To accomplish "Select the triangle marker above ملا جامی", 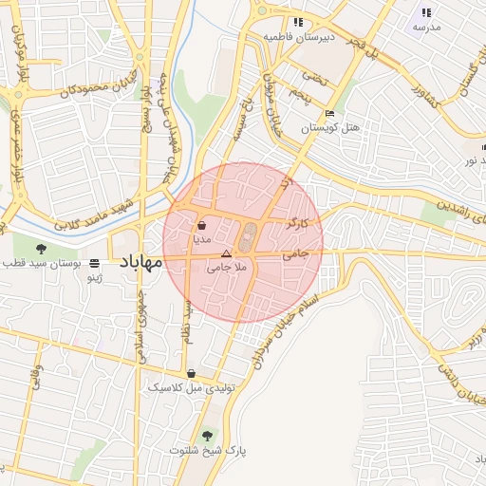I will [226, 254].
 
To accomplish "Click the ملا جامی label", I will [226, 269].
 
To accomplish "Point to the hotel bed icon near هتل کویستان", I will [329, 114].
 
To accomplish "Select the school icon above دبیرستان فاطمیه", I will [298, 22].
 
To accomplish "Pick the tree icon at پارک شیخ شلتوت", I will [207, 436].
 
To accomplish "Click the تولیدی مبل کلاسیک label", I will [187, 388].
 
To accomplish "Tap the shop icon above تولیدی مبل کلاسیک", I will [193, 374].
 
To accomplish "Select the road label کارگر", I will [297, 224].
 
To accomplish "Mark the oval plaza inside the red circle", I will [248, 237].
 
